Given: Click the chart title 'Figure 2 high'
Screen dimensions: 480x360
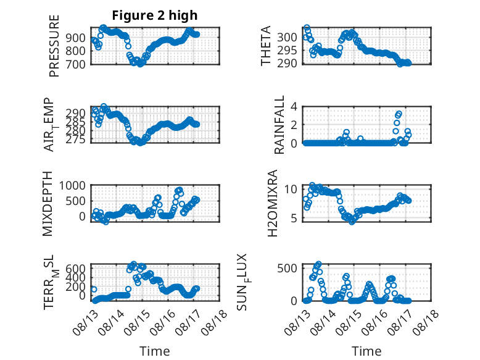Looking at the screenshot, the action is [155, 15].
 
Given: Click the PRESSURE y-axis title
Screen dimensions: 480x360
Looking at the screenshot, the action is [54, 46].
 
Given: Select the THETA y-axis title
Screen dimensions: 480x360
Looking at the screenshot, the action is [266, 46].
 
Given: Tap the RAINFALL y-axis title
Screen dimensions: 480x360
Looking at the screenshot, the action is [279, 125].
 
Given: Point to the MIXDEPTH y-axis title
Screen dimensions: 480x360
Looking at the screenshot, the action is [48, 204].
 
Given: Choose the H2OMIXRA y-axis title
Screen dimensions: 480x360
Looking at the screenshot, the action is [272, 203].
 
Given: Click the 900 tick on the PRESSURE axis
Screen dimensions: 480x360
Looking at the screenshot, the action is [76, 38].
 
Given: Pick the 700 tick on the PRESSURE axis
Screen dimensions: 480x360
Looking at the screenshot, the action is [76, 64].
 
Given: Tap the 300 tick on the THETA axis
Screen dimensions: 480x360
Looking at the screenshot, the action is [287, 38].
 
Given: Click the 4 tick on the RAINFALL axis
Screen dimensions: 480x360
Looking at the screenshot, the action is [294, 107].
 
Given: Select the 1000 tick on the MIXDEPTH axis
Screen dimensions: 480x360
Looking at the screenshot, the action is [72, 185].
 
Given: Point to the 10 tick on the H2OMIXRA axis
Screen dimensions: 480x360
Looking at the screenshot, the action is [291, 189].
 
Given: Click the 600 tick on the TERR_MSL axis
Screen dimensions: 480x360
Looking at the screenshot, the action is [76, 269].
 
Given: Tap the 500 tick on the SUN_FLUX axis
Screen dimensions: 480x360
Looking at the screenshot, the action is [287, 268].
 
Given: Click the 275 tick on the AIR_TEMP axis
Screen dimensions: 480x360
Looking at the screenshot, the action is [76, 140].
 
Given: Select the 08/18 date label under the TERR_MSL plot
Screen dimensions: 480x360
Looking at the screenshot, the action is [214, 322].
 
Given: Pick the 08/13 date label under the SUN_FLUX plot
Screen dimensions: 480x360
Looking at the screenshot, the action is [297, 322].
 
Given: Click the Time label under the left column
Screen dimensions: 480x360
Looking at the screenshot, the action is [155, 351].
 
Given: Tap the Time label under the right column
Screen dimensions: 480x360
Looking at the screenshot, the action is [366, 351].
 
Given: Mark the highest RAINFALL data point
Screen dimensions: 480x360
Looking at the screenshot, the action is [399, 114].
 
